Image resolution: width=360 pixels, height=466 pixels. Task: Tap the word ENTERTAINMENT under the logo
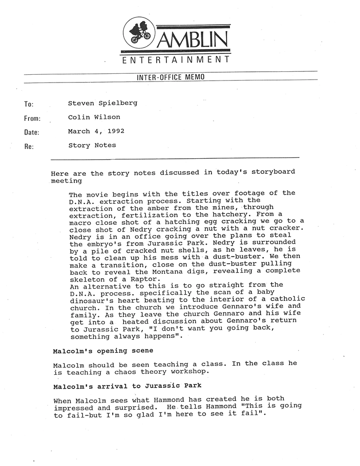click(175, 60)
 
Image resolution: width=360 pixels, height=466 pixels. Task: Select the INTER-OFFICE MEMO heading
click(171, 77)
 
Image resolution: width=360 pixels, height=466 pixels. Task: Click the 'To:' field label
click(28, 104)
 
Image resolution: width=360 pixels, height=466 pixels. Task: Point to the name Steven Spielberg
click(102, 103)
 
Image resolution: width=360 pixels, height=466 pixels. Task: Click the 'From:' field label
click(32, 118)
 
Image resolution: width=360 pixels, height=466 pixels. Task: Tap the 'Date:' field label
click(32, 132)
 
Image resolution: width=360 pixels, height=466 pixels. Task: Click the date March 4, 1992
click(96, 131)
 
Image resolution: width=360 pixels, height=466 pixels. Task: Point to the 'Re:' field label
click(28, 146)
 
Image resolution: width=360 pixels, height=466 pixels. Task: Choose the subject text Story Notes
click(92, 145)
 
